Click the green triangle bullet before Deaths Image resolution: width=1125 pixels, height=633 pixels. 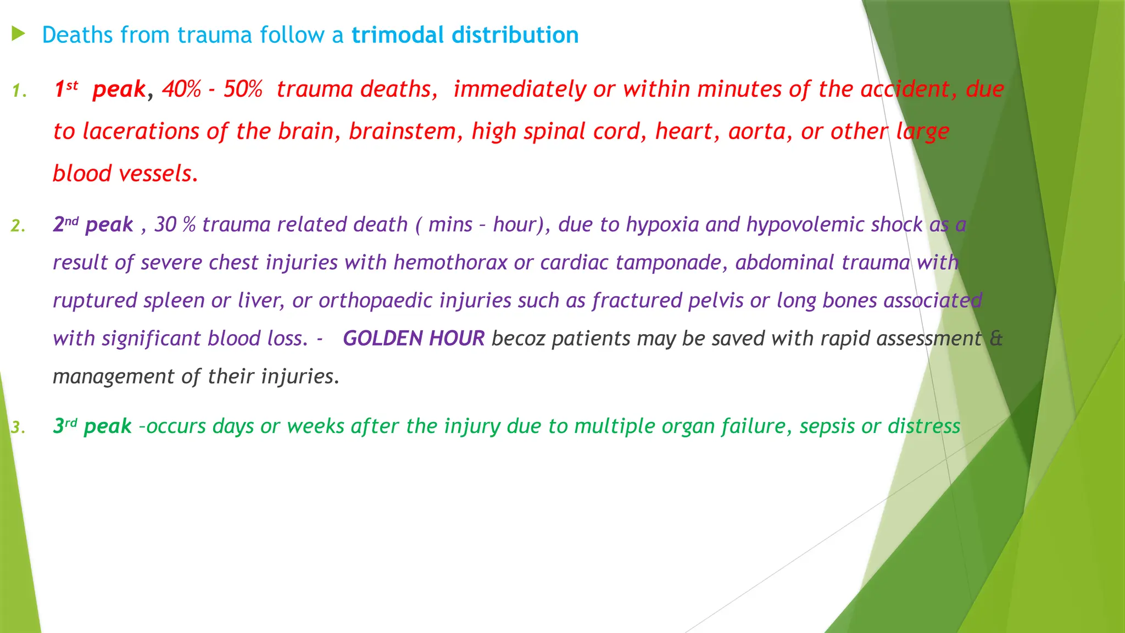18,35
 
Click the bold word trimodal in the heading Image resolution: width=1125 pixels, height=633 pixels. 397,35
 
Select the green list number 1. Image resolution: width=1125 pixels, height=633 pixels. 19,91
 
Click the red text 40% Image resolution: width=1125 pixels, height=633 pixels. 181,89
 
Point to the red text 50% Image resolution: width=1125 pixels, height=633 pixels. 243,89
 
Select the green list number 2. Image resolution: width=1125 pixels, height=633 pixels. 18,226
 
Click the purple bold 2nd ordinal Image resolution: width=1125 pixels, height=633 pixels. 65,224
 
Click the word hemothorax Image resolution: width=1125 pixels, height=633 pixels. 450,263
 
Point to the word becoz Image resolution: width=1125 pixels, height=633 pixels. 518,338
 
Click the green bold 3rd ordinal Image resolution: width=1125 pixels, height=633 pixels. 65,426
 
